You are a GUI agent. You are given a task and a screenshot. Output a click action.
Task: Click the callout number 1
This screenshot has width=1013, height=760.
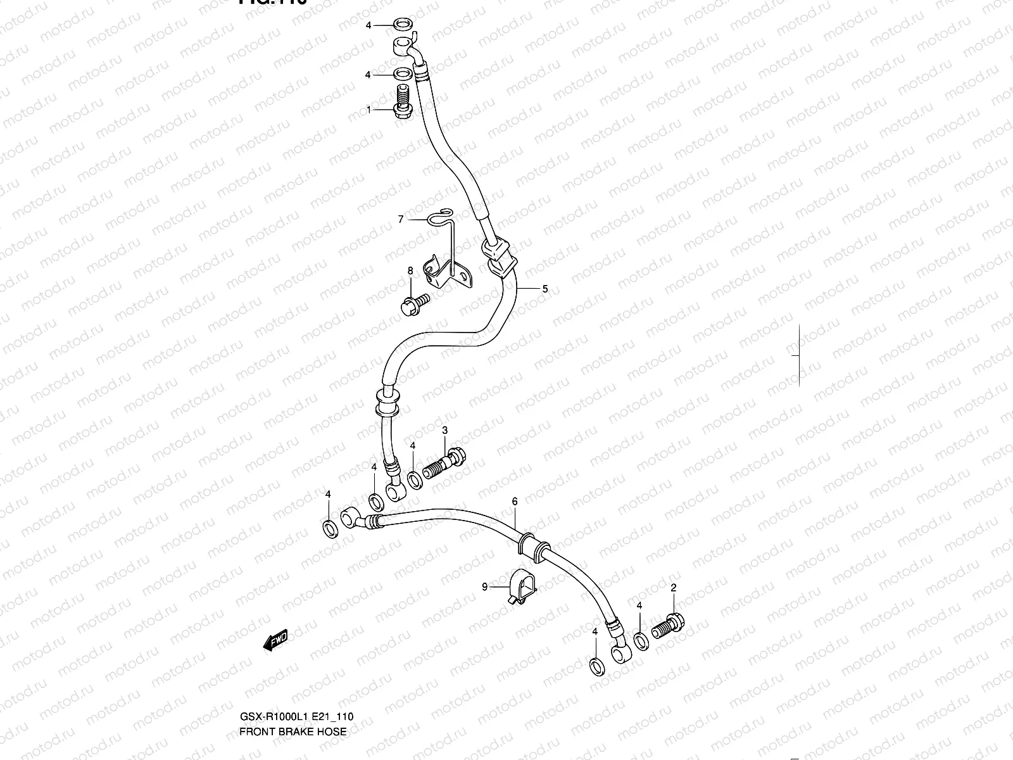368,110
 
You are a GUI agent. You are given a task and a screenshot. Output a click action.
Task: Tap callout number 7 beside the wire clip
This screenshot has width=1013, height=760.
400,219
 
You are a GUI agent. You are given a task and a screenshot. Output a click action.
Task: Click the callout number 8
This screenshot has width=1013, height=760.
410,270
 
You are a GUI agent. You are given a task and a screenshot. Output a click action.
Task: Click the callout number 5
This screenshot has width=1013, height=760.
544,288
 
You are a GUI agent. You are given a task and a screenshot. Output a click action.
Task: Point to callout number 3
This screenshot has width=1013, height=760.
444,431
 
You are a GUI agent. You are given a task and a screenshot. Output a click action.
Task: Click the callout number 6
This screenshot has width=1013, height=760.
515,501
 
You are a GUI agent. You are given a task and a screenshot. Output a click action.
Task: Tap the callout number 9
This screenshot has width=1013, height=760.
485,587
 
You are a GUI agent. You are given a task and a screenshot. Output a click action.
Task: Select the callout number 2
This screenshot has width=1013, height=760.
674,588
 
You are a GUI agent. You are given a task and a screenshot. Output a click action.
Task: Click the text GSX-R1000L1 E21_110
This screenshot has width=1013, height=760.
296,717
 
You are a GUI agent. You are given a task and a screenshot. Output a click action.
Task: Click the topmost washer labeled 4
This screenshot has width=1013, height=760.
400,25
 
